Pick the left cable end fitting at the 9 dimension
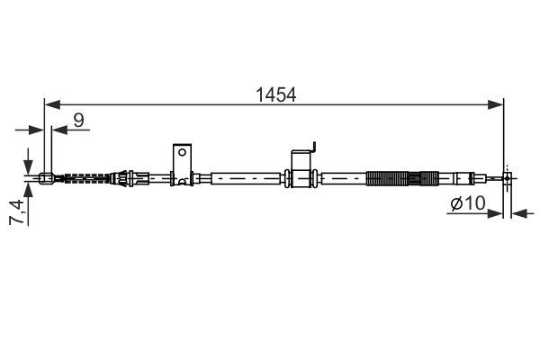tap(48, 178)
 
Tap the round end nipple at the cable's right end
tap(508, 178)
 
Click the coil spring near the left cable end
tap(86, 178)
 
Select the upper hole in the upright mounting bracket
tap(182, 152)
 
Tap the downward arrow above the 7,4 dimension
tap(30, 158)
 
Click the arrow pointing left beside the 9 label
tap(59, 130)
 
